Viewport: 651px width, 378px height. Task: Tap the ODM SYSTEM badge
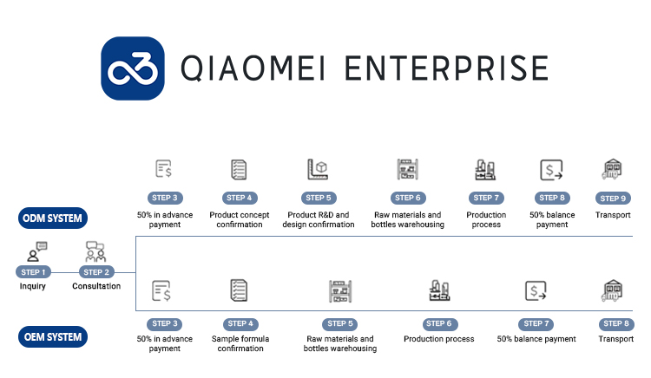click(x=53, y=218)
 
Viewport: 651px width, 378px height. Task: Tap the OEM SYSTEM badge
click(x=53, y=337)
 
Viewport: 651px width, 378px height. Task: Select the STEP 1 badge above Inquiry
click(x=32, y=272)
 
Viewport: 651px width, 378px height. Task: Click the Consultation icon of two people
click(x=95, y=252)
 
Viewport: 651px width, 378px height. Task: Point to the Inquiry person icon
click(x=36, y=252)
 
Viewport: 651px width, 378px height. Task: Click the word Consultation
click(x=96, y=286)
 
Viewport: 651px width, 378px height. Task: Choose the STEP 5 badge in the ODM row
click(x=319, y=198)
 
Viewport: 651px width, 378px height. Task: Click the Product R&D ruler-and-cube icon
click(x=318, y=168)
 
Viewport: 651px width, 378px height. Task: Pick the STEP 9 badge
click(x=614, y=198)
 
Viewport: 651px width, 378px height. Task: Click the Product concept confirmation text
click(x=240, y=219)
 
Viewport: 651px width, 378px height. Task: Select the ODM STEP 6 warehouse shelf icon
click(x=407, y=168)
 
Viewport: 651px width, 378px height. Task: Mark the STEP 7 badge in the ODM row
click(x=486, y=198)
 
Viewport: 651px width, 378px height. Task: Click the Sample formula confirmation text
click(x=240, y=343)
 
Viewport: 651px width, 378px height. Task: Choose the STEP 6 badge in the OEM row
click(x=438, y=323)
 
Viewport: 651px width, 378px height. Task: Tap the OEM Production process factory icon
click(x=439, y=291)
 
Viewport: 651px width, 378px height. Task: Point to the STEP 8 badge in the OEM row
click(x=615, y=323)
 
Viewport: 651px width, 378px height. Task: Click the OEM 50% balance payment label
click(x=536, y=339)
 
